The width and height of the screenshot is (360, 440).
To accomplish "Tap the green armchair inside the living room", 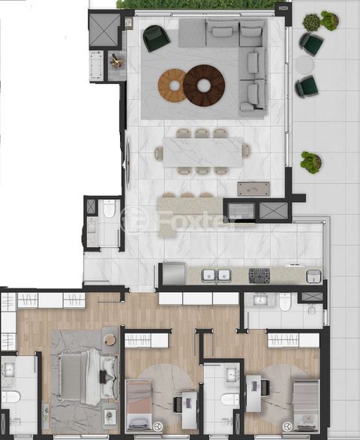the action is coord(156,38).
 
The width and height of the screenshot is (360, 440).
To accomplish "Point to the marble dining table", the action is coord(202,152).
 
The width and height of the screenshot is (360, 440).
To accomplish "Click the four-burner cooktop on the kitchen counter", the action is coord(259,276).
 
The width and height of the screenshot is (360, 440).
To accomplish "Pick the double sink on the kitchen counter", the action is coord(216,276).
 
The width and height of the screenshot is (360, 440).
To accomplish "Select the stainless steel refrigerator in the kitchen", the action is coord(173,273).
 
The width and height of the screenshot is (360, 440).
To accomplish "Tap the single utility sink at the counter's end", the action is coord(314,276).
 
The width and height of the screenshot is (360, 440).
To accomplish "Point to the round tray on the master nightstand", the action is coord(109,339).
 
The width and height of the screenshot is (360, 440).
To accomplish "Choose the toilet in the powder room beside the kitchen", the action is coord(109,209).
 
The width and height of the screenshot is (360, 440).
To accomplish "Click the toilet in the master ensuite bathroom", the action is coord(10,397).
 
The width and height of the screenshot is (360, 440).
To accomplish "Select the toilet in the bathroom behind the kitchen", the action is coord(286,302).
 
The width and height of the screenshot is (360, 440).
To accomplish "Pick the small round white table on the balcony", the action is coord(304,65).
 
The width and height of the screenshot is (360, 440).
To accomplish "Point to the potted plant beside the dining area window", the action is coord(311,162).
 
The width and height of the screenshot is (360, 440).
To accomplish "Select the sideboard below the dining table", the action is coord(253,189).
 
